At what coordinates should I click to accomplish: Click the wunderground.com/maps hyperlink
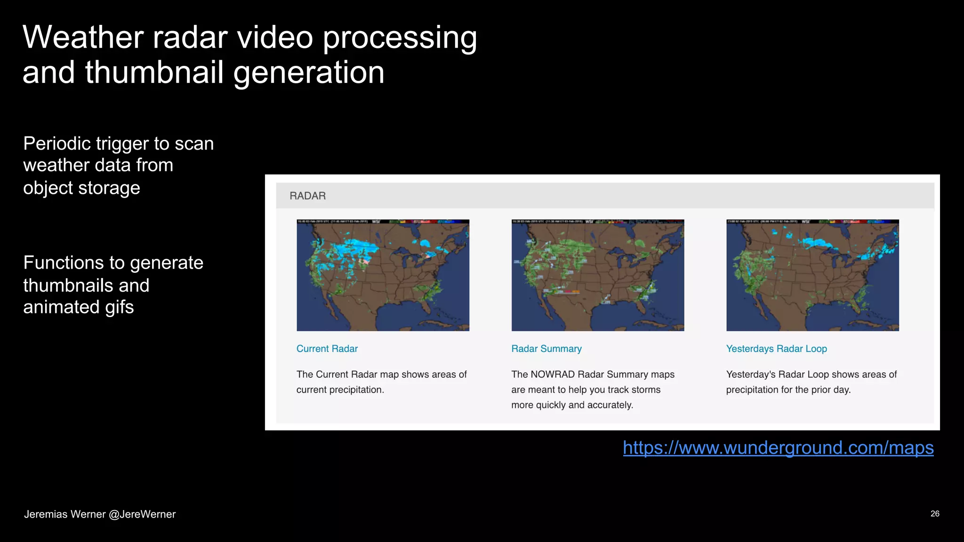point(778,447)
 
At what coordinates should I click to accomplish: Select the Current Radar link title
point(327,349)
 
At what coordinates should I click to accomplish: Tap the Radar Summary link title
point(546,349)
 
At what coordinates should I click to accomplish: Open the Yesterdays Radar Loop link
point(776,349)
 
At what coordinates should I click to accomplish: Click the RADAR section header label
point(307,196)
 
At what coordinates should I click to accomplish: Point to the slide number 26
point(935,514)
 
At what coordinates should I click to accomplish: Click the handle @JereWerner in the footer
point(142,514)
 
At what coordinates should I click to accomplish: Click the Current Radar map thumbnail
point(383,275)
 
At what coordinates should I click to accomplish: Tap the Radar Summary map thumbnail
point(598,275)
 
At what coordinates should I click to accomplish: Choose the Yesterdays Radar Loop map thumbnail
point(812,275)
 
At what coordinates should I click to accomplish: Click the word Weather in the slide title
point(83,37)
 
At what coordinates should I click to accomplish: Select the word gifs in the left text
point(120,307)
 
